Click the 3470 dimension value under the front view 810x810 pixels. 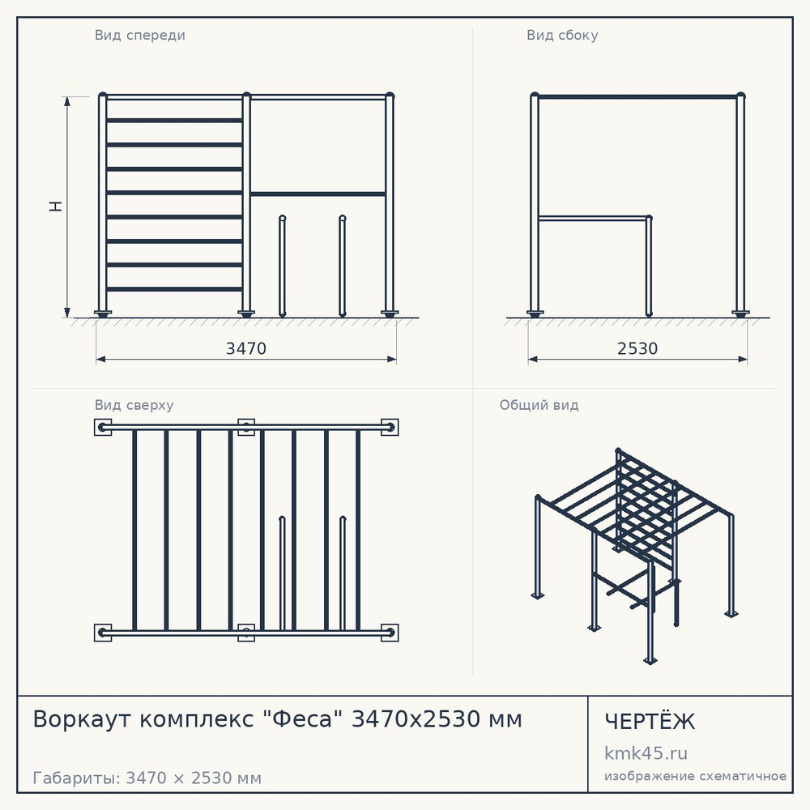246,348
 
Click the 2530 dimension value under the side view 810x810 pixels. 637,348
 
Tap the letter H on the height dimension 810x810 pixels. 56,206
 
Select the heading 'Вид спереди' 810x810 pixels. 139,36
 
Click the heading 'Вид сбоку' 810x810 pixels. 562,36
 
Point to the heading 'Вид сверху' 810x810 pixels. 134,406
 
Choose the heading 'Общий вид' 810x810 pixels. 539,405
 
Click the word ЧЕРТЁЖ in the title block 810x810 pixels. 650,722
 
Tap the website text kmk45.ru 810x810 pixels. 646,753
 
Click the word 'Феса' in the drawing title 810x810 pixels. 303,719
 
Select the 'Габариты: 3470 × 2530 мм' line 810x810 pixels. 147,778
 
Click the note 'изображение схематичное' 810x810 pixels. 695,777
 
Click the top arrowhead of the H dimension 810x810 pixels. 67,101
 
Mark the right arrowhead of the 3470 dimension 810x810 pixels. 391,359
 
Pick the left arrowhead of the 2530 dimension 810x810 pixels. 533,359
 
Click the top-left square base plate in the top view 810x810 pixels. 103,427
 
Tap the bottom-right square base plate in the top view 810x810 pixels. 390,633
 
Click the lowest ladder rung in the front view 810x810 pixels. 175,289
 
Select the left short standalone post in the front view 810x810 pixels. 282,266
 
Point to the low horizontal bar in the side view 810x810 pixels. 593,219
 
